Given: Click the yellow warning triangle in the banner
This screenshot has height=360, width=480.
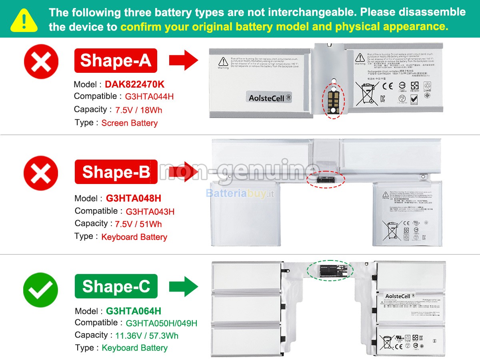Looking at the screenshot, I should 24,20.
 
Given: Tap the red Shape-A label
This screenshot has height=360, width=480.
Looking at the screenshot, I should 116,60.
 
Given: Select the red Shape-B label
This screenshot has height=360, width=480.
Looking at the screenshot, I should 116,172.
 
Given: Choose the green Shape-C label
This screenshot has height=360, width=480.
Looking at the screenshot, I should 116,286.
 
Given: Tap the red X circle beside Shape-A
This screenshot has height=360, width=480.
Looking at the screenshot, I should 41,62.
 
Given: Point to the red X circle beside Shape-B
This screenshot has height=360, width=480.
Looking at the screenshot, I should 41,173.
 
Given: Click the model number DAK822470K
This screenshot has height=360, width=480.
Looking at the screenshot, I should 134,84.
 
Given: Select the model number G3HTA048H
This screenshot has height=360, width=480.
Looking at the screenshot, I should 134,198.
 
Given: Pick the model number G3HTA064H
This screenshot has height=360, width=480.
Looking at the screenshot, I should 134,311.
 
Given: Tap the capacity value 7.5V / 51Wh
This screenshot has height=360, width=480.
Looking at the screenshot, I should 138,224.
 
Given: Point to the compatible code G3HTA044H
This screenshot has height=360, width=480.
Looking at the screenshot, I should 149,97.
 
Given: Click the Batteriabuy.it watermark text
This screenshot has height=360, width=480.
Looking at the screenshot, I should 240,194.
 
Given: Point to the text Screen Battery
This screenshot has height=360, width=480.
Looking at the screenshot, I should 130,123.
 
